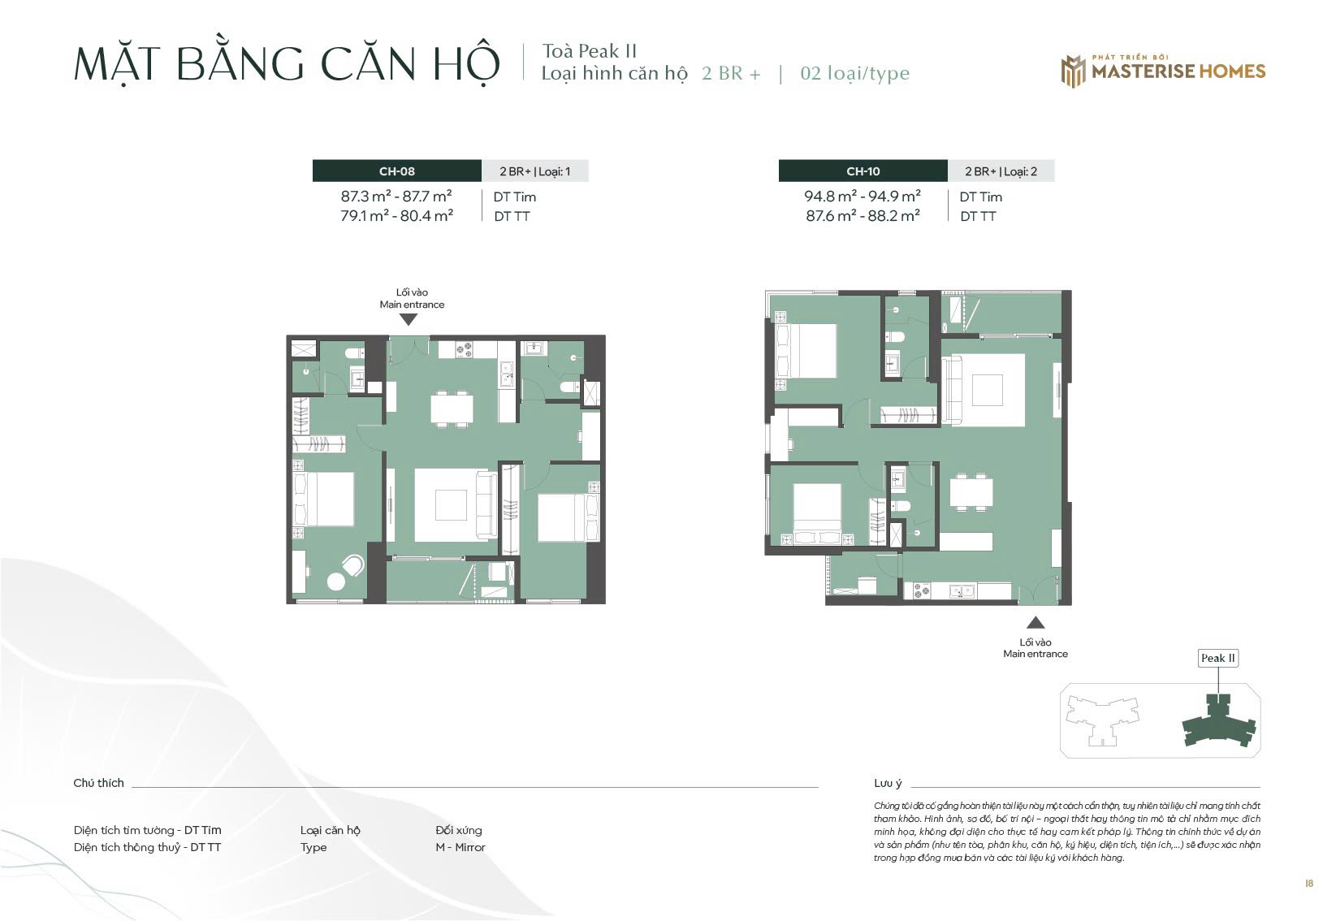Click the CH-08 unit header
click(x=396, y=171)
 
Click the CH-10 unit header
click(x=863, y=171)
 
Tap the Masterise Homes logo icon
click(x=1074, y=71)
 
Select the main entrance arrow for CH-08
click(x=408, y=320)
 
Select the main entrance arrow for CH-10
click(x=1036, y=623)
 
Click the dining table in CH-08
click(x=452, y=409)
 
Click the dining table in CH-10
click(x=971, y=493)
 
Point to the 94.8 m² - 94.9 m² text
click(x=863, y=197)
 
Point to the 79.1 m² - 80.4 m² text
click(x=396, y=216)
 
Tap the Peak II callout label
click(x=1218, y=658)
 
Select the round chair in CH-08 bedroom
click(x=354, y=565)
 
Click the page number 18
click(x=1309, y=884)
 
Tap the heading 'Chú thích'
click(x=98, y=783)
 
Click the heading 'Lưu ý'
click(x=888, y=784)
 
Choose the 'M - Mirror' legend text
click(x=460, y=847)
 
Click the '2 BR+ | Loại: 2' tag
click(x=1001, y=172)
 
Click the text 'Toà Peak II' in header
click(x=590, y=51)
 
